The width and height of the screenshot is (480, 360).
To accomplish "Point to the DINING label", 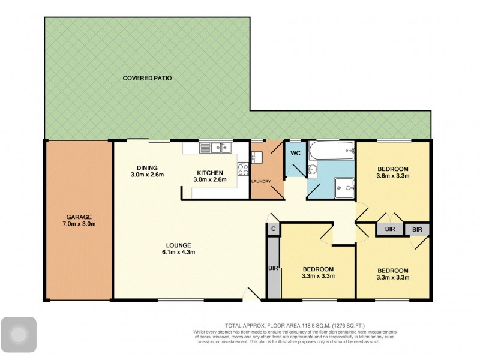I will [x=146, y=167].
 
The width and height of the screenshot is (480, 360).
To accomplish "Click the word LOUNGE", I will [x=179, y=245].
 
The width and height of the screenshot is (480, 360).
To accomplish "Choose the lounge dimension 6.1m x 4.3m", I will [x=179, y=252].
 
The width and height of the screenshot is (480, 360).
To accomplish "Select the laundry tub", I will [x=257, y=158].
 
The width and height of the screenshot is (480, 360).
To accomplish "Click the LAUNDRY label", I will [x=262, y=182].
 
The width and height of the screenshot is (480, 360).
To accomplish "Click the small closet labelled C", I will [x=273, y=229].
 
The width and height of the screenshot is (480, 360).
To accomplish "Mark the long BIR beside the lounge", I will [x=273, y=268].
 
